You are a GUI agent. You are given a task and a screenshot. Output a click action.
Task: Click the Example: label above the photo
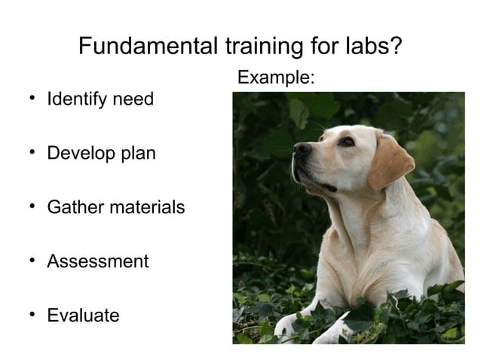point(276,78)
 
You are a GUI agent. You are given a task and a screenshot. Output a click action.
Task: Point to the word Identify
point(75,99)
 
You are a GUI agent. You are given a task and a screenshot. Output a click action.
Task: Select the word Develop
point(78,154)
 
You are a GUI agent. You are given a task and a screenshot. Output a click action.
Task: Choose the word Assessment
point(98,261)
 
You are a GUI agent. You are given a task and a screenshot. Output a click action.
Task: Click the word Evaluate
point(83,316)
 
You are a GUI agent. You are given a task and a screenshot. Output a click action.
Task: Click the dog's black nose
point(302,149)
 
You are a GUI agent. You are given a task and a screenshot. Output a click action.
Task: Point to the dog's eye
point(345,141)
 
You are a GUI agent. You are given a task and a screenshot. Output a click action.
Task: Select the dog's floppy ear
point(390,160)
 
